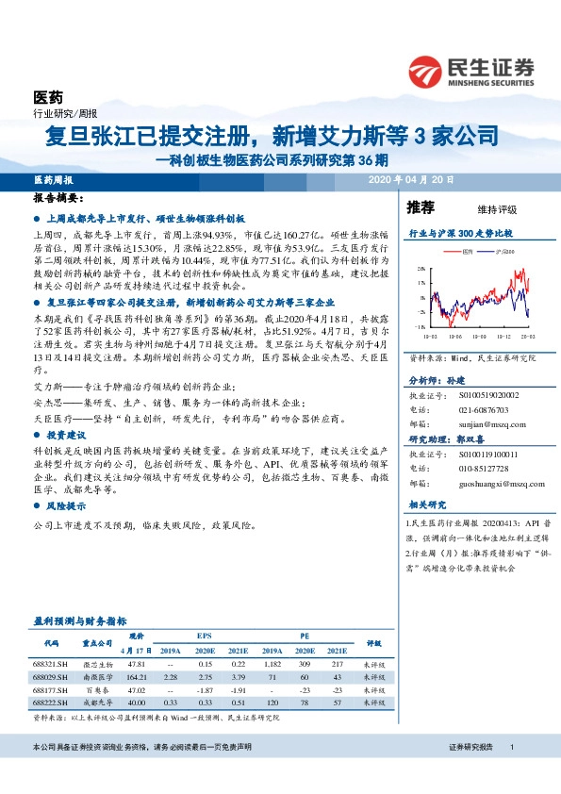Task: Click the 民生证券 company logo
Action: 470,69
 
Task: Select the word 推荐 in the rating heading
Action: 421,207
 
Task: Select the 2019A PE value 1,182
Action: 273,664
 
